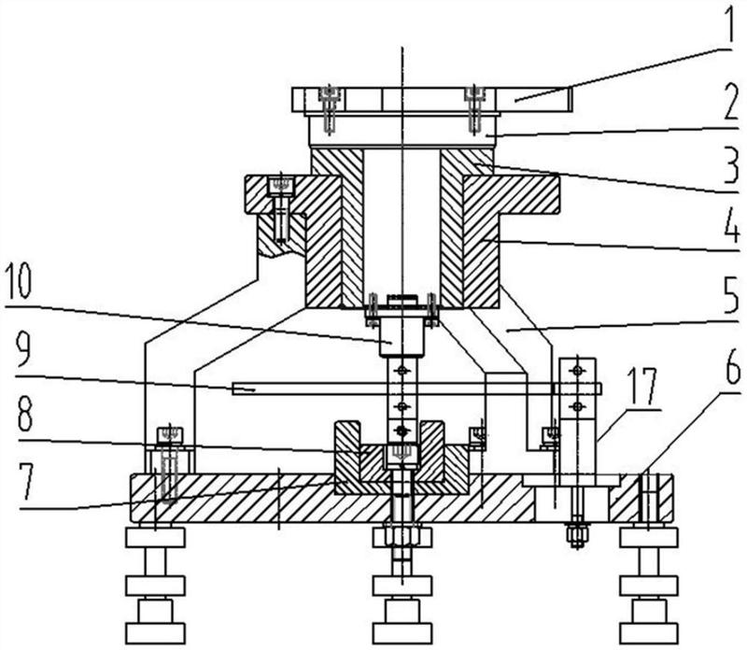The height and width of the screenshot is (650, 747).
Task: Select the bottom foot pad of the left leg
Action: (x=155, y=632)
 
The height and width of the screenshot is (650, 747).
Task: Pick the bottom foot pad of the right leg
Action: (x=648, y=632)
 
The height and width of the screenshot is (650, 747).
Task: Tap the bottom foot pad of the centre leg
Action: (x=402, y=632)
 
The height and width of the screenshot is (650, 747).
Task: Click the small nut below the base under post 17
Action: (x=577, y=535)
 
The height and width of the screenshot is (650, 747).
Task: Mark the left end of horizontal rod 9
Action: (x=236, y=388)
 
